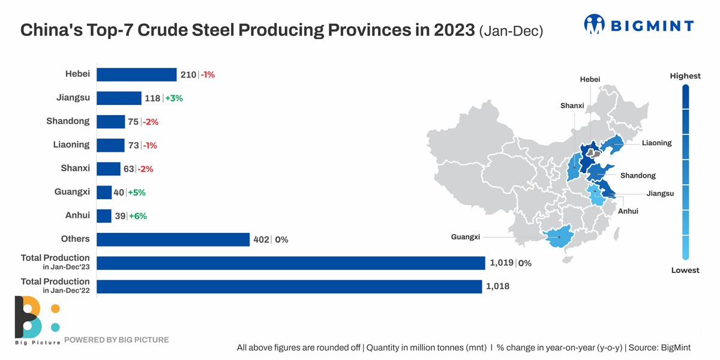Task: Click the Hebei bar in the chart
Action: coord(136,74)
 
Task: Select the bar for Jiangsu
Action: coord(119,98)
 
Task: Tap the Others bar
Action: coord(173,239)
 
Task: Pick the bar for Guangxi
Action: coord(104,193)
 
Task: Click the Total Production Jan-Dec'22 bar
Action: coord(289,286)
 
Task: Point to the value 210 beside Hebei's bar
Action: coord(188,75)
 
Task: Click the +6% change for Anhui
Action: coord(137,216)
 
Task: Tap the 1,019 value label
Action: coord(502,263)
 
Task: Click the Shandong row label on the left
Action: coord(68,121)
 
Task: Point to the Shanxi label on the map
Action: coord(572,106)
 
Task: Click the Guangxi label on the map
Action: coord(466,237)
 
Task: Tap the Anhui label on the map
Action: coord(628,211)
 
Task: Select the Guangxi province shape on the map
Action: coord(558,238)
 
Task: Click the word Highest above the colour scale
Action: coord(685,76)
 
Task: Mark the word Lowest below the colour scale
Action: coord(685,270)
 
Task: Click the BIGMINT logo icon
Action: coord(594,25)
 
